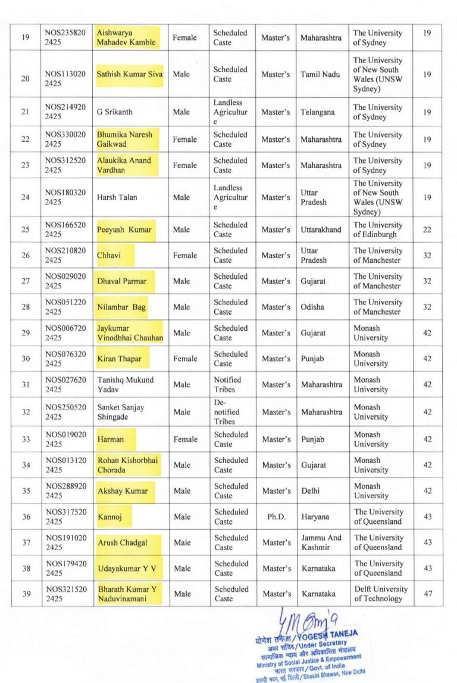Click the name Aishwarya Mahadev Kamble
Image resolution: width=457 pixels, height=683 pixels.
point(126,38)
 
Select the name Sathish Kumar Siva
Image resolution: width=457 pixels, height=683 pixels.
point(130,74)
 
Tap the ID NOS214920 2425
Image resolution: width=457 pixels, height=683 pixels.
point(65,112)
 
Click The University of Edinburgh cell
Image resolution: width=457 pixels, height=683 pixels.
point(378,229)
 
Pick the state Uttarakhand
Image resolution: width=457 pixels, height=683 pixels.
point(321,229)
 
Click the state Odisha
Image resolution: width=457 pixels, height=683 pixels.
point(312,307)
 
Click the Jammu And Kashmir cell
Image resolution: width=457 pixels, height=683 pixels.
point(321,542)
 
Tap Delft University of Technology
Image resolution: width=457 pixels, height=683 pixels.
point(381,594)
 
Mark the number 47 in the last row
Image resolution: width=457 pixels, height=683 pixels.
point(427,594)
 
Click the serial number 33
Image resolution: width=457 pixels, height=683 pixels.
point(26,439)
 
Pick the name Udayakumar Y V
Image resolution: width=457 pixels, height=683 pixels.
point(127,569)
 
